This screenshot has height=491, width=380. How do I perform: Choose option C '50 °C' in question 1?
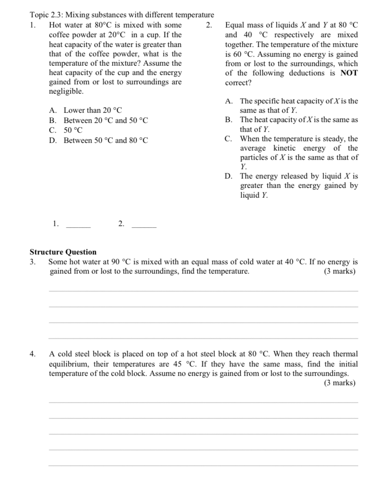(x=73, y=130)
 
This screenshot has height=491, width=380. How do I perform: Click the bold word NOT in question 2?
(x=349, y=73)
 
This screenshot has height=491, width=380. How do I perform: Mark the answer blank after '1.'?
(x=79, y=226)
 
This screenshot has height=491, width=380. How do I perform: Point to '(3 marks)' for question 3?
(x=339, y=272)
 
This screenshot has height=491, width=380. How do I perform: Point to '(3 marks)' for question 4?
(x=339, y=383)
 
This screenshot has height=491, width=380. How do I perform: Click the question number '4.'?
(x=33, y=354)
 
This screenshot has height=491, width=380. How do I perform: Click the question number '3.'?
(x=33, y=262)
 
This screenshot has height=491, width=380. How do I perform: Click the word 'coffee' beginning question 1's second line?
(x=59, y=35)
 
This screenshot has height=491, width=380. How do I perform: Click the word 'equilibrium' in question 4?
(x=69, y=364)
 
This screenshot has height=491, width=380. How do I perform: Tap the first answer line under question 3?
(x=203, y=291)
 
